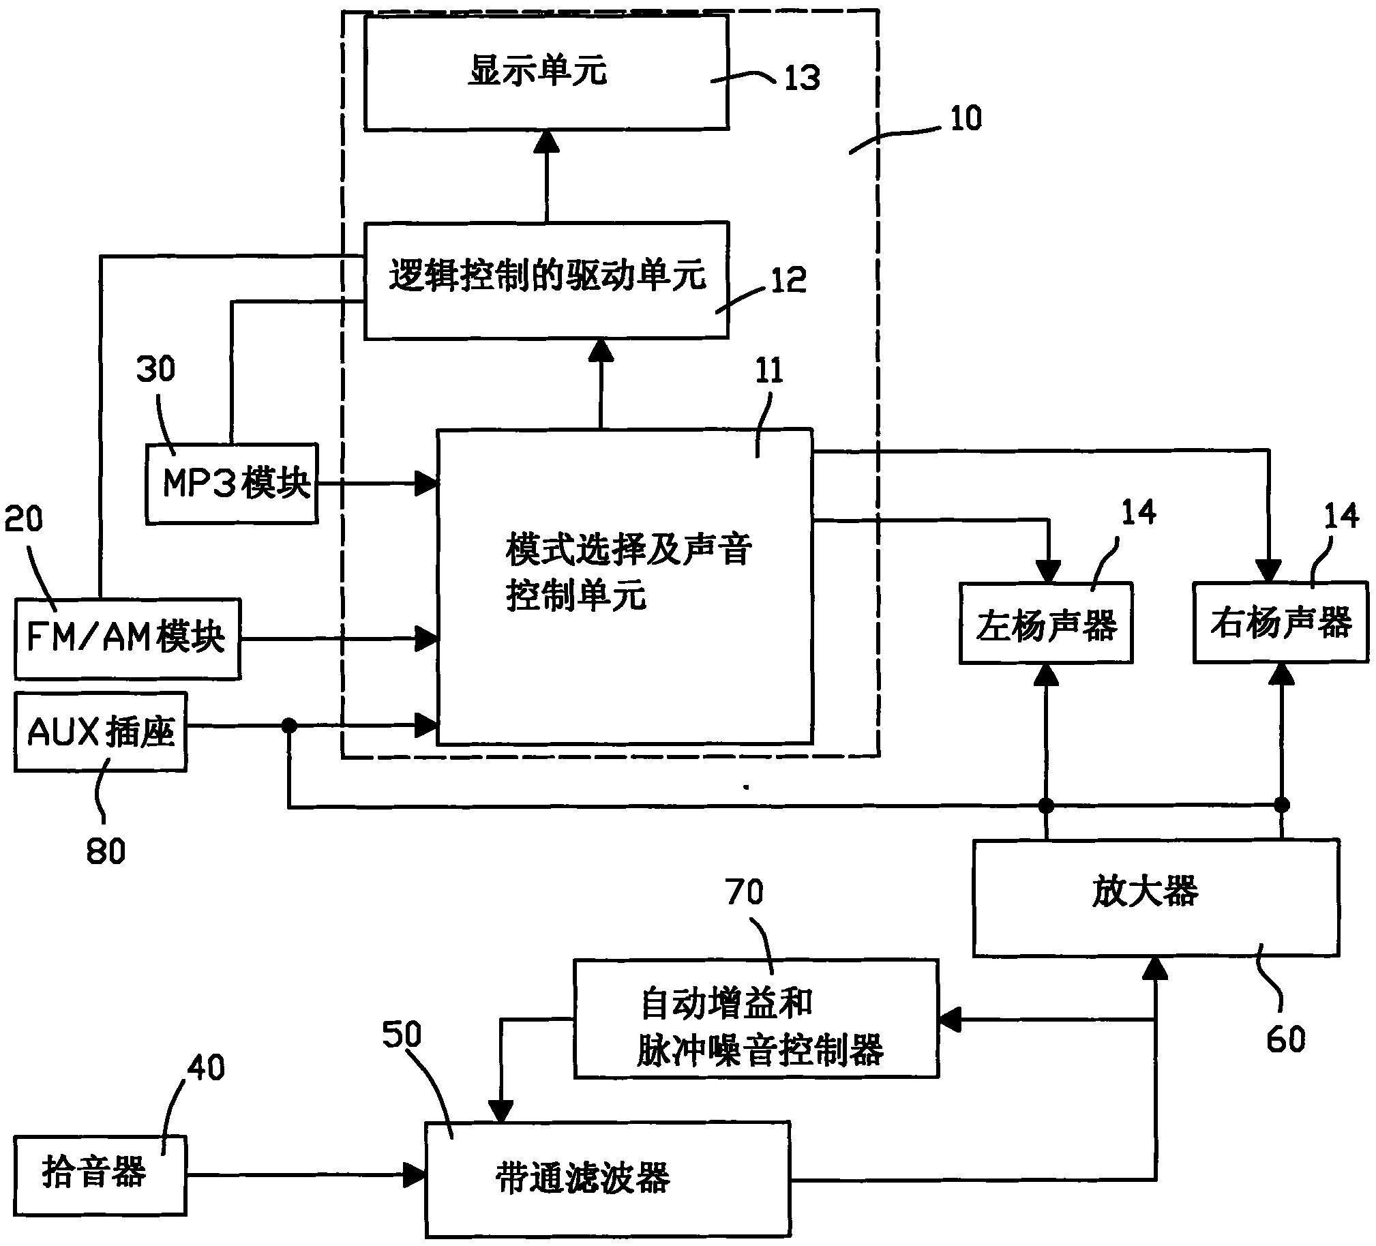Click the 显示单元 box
coord(546,72)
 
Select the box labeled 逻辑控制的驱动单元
coord(546,280)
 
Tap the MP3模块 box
coord(232,484)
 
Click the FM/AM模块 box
coord(128,638)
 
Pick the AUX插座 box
coord(100,732)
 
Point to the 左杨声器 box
coord(1046,623)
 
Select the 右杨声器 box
coord(1281,622)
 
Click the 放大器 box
coord(1155,896)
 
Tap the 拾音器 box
coord(100,1175)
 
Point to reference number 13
coord(801,77)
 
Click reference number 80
coord(106,851)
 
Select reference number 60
coord(1285,1039)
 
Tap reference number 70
coord(745,891)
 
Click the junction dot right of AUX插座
coord(289,725)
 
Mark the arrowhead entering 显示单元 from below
coord(546,140)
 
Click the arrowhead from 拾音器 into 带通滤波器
coord(415,1175)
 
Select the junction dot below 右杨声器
coord(1282,805)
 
